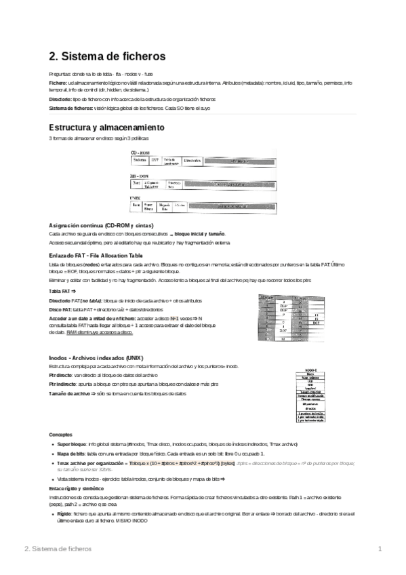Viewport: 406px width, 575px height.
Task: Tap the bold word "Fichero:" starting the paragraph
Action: (x=58, y=82)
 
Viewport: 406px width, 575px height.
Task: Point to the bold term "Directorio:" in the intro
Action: (x=60, y=99)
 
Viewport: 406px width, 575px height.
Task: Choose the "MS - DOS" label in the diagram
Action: (x=138, y=175)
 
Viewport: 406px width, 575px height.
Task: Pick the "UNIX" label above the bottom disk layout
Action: (x=134, y=197)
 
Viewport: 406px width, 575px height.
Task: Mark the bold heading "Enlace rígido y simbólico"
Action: (x=77, y=488)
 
